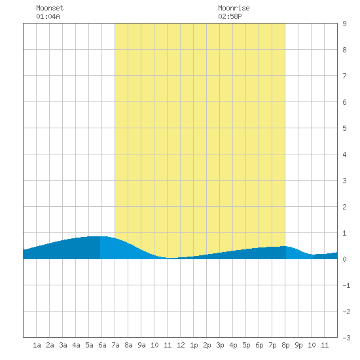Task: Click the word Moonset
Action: click(50, 8)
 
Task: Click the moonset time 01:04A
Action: click(48, 16)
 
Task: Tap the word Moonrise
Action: click(234, 8)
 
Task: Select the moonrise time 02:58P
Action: click(230, 16)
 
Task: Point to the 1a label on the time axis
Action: click(37, 345)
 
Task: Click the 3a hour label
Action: click(63, 345)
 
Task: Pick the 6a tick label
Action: click(102, 345)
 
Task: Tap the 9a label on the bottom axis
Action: click(141, 345)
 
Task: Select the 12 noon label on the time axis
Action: click(181, 345)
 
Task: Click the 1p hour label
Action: click(194, 345)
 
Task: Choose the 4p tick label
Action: click(233, 345)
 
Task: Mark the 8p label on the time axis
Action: click(285, 345)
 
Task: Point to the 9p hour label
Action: click(298, 345)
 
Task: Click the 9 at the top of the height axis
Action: click(344, 24)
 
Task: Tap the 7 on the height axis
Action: click(344, 76)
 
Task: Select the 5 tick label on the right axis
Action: click(344, 128)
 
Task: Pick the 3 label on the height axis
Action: click(344, 181)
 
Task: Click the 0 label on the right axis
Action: click(344, 259)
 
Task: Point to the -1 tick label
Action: click(346, 285)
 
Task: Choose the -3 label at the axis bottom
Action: click(346, 338)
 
